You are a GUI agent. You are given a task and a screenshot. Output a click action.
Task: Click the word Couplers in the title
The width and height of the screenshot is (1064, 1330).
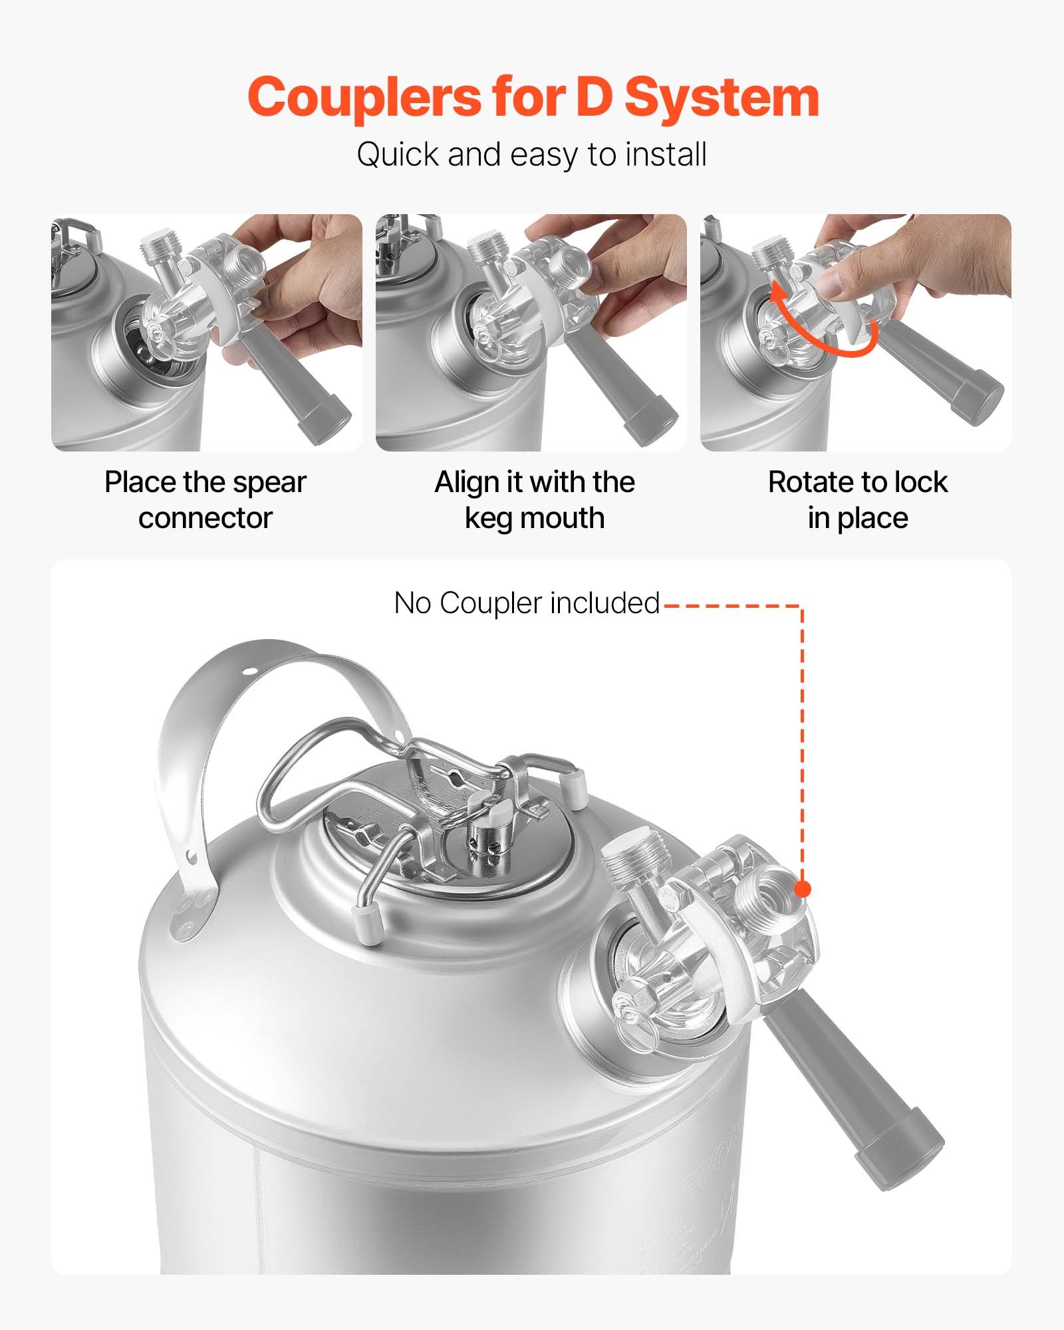364,98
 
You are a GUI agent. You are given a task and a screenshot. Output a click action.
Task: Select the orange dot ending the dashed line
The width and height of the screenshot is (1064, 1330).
803,889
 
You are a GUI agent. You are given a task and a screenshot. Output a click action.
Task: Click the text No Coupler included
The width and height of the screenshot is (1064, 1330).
527,603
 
